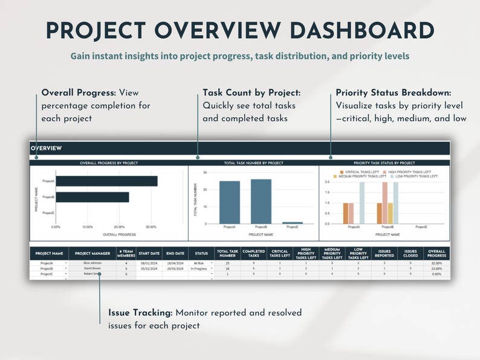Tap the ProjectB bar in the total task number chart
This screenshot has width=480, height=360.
(x=261, y=201)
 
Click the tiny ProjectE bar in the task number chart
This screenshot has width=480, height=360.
(x=293, y=223)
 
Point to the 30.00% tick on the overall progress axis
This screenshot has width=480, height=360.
(x=151, y=228)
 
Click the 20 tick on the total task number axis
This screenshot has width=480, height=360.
(x=205, y=190)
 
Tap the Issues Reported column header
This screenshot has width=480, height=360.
(x=384, y=254)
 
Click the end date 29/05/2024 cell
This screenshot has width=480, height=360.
(x=175, y=269)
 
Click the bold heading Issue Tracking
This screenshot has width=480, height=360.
(x=140, y=313)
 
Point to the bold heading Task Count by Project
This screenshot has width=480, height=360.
(x=251, y=93)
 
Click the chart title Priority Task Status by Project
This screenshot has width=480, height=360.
(x=384, y=163)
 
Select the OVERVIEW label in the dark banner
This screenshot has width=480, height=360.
(x=47, y=149)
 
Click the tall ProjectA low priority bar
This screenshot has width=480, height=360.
(x=362, y=202)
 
